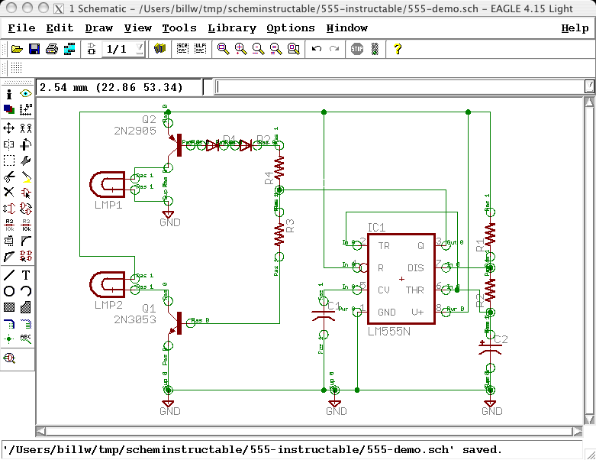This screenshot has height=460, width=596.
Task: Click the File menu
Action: [x=21, y=28]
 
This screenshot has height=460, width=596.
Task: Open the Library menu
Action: [x=232, y=28]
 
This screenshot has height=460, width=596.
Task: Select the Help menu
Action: [x=575, y=28]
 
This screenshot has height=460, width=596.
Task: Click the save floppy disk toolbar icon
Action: [x=34, y=49]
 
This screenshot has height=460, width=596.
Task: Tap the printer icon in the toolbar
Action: [x=52, y=49]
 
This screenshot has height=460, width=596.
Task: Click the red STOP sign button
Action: [x=356, y=49]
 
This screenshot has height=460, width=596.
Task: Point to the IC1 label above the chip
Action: [x=376, y=228]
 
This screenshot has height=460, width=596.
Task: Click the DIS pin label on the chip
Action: [x=415, y=268]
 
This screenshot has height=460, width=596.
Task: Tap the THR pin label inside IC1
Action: [x=414, y=290]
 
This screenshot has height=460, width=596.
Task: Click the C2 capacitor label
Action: [x=501, y=339]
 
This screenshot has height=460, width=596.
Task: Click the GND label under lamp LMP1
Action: [x=170, y=222]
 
